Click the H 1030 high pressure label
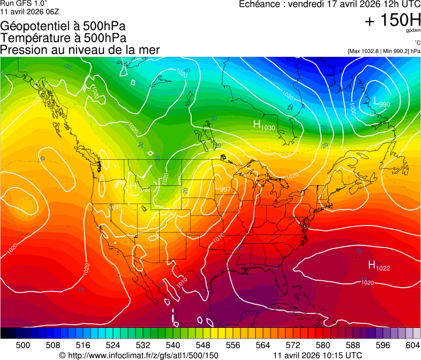pyautogui.click(x=264, y=125)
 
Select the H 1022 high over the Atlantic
pyautogui.click(x=379, y=265)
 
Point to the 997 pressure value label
pyautogui.click(x=225, y=189)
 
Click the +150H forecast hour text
pyautogui.click(x=393, y=20)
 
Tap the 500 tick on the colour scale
pyautogui.click(x=23, y=344)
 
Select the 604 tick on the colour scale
pyautogui.click(x=412, y=344)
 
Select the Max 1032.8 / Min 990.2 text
pyautogui.click(x=383, y=51)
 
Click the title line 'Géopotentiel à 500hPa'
pyautogui.click(x=63, y=26)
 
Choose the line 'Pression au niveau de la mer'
pyautogui.click(x=80, y=50)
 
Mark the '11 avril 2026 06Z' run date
pyautogui.click(x=29, y=11)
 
